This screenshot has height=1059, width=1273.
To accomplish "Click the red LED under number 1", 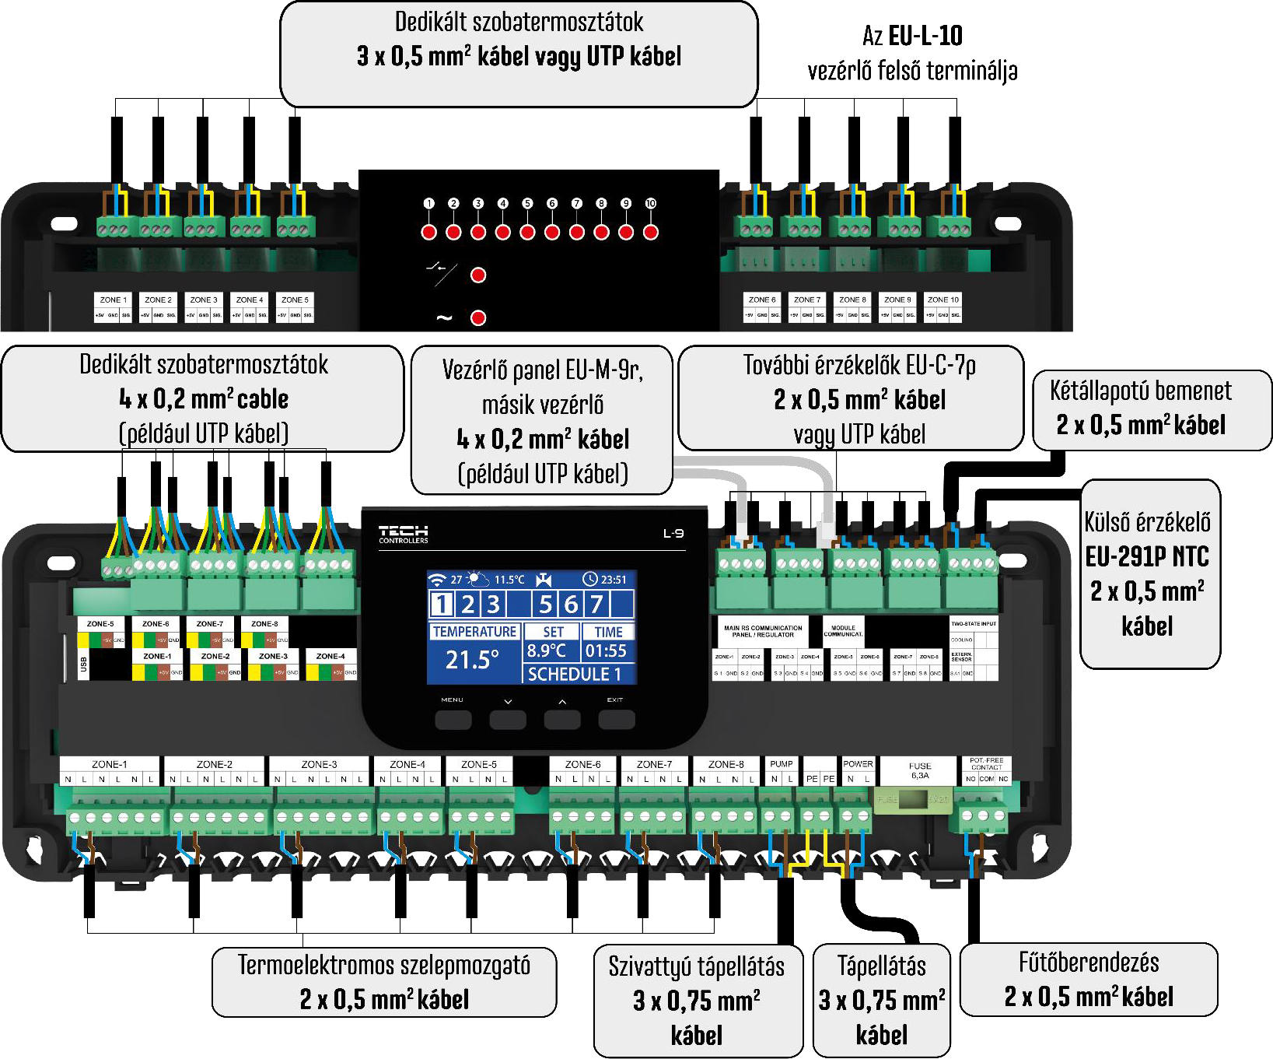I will (428, 232).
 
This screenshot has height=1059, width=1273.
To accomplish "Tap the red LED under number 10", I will (651, 232).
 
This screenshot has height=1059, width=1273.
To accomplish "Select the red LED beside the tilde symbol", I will (478, 317).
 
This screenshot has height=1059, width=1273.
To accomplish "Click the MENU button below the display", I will (453, 720).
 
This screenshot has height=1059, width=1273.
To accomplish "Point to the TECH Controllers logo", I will (404, 534).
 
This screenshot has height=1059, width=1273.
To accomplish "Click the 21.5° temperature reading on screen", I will (472, 660).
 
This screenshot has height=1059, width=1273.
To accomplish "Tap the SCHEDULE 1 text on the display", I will (574, 674).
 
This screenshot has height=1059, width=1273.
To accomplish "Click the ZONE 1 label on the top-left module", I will (114, 300).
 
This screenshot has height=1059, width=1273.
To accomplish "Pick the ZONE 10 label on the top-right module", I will (943, 300).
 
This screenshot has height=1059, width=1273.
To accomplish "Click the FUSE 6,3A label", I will (919, 770).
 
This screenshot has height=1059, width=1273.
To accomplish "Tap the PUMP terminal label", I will (781, 764).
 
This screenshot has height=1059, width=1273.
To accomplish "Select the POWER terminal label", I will (858, 764).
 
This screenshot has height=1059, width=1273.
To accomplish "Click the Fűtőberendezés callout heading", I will (1088, 963).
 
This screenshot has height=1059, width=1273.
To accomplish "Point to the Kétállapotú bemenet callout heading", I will (1140, 391).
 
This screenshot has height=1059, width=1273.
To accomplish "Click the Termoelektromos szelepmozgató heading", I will (383, 966).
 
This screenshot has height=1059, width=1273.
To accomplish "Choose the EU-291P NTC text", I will (1147, 556).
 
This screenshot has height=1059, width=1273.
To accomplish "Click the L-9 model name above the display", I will (673, 533).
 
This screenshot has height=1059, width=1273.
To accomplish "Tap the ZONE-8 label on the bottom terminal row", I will (726, 764).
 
